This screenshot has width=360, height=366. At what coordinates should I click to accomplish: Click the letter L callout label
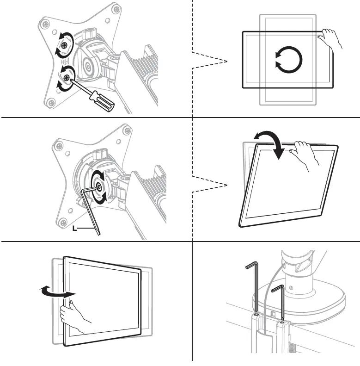click(74, 229)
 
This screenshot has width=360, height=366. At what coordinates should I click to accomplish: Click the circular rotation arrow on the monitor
click(288, 60)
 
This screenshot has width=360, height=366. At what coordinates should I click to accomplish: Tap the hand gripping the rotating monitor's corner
click(331, 39)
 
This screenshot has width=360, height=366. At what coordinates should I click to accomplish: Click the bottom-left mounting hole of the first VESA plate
click(51, 102)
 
